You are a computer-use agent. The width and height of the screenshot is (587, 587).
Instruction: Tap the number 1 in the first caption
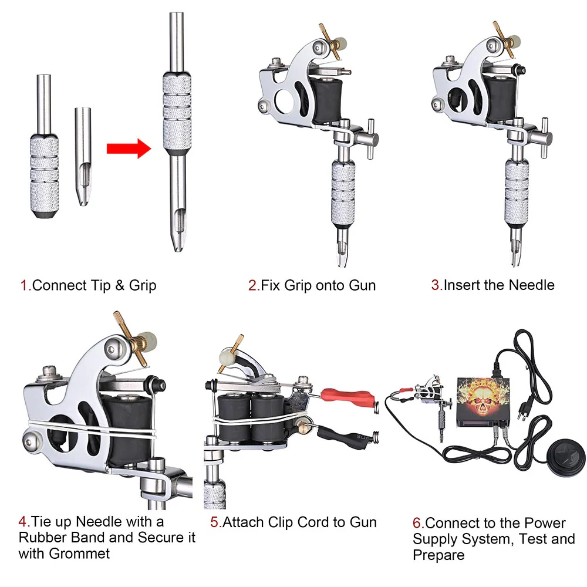tap(24, 286)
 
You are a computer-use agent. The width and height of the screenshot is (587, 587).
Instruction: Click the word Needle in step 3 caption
tap(531, 285)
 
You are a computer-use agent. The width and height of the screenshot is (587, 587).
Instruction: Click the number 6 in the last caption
tap(417, 523)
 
